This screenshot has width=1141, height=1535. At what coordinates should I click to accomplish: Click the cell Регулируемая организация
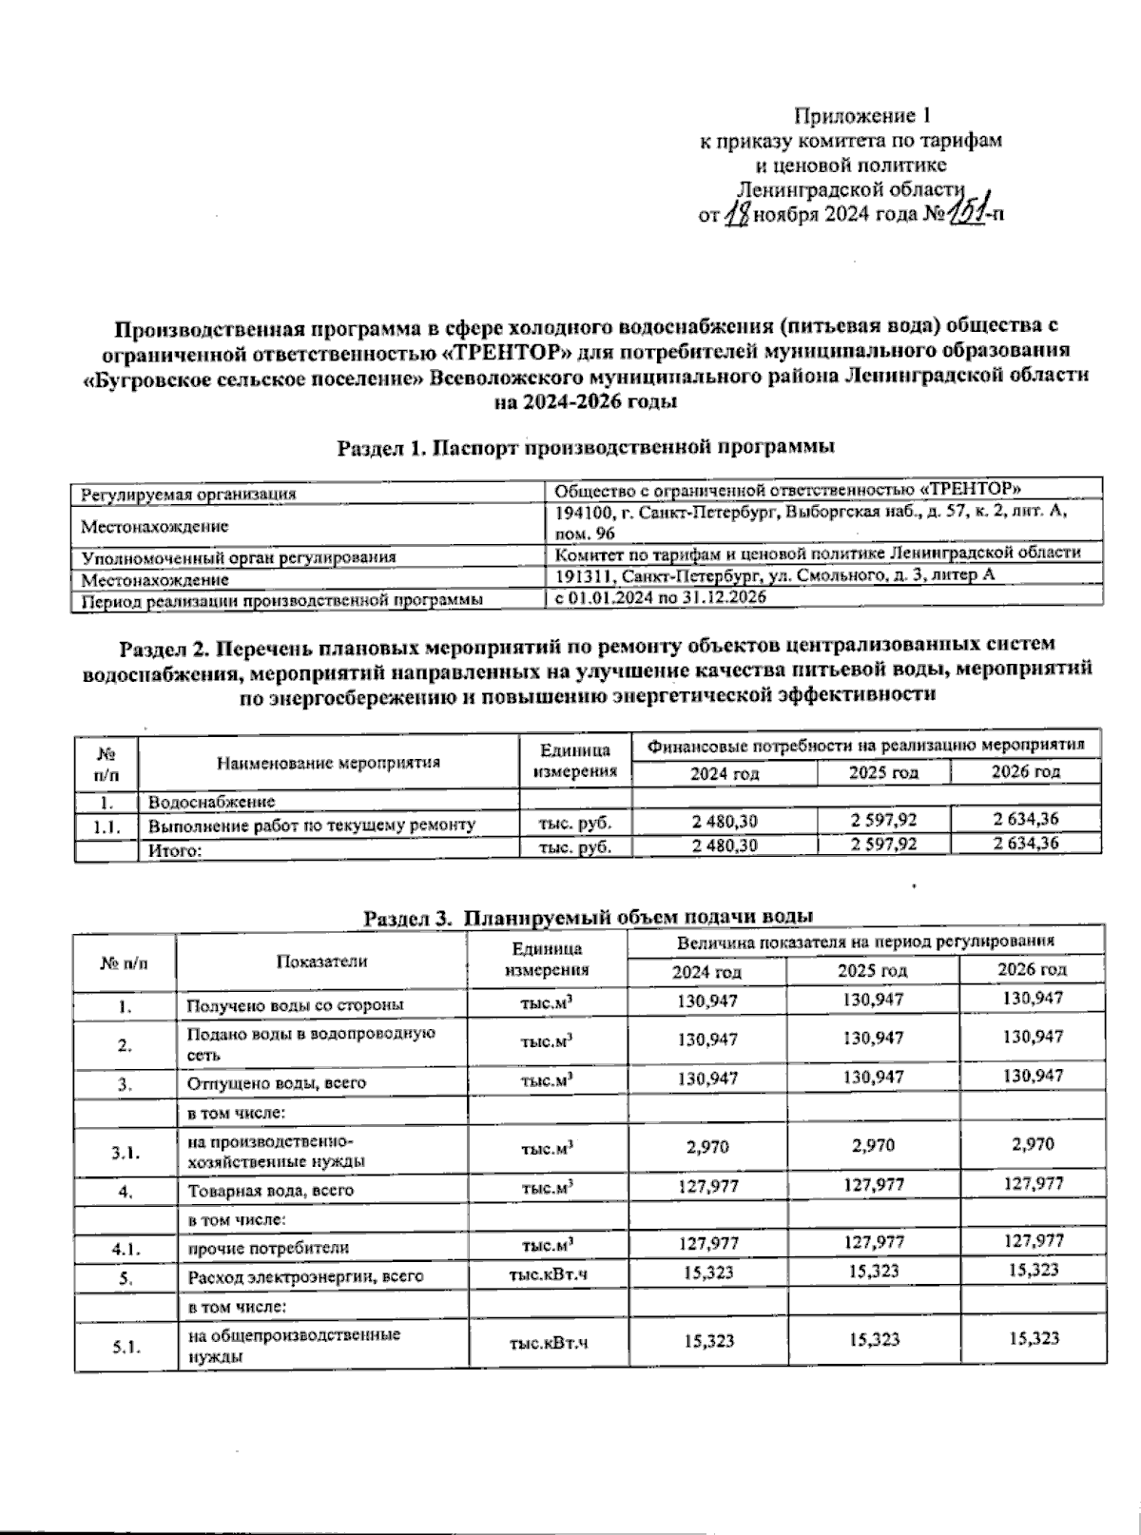[x=188, y=494]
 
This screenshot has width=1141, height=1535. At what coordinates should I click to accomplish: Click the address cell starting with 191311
[x=775, y=576]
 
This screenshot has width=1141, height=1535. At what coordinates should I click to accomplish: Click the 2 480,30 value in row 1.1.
[x=725, y=820]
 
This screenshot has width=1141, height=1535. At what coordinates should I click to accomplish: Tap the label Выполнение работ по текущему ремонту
[x=312, y=825]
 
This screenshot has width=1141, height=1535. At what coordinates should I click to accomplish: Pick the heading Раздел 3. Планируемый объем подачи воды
[x=589, y=917]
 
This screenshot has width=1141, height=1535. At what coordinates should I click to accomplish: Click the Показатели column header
[x=321, y=961]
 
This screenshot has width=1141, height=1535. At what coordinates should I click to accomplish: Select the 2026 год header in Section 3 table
[x=1032, y=969]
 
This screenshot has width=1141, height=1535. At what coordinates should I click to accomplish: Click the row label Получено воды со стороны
[x=296, y=1004]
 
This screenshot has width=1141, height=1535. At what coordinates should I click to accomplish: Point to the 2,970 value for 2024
[x=707, y=1147]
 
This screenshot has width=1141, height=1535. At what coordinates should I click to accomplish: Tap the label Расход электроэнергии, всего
[x=305, y=1277]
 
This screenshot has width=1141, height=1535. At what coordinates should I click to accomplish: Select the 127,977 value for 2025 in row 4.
[x=872, y=1185]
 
